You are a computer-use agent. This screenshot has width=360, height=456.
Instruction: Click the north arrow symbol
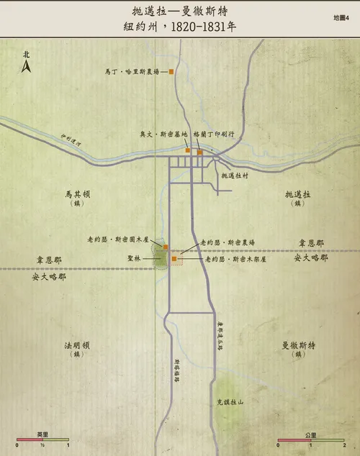pyautogui.click(x=26, y=65)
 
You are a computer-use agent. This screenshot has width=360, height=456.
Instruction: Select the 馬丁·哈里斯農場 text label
pyautogui.click(x=135, y=71)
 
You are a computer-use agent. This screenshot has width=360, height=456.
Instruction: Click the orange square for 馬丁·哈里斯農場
pyautogui.click(x=171, y=71)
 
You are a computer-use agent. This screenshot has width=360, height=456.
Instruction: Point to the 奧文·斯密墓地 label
pyautogui.click(x=163, y=134)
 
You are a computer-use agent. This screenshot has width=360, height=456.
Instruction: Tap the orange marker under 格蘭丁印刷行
pyautogui.click(x=200, y=152)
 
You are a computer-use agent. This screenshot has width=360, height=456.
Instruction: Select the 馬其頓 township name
pyautogui.click(x=77, y=194)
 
